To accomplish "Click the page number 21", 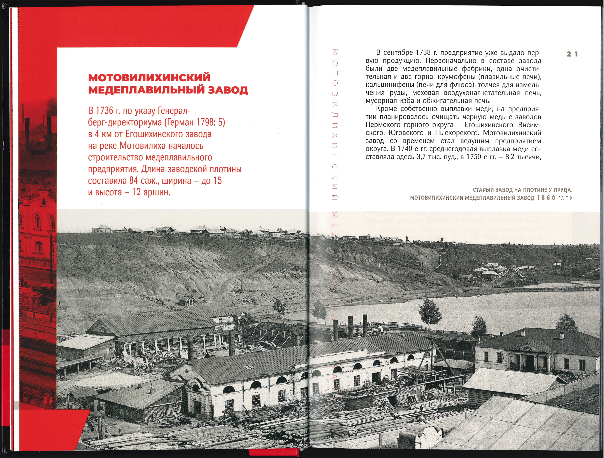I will pyautogui.click(x=572, y=54).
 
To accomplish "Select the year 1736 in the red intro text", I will pyautogui.click(x=104, y=111).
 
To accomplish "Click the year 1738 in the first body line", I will pyautogui.click(x=425, y=52).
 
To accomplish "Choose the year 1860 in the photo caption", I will pyautogui.click(x=546, y=198).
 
